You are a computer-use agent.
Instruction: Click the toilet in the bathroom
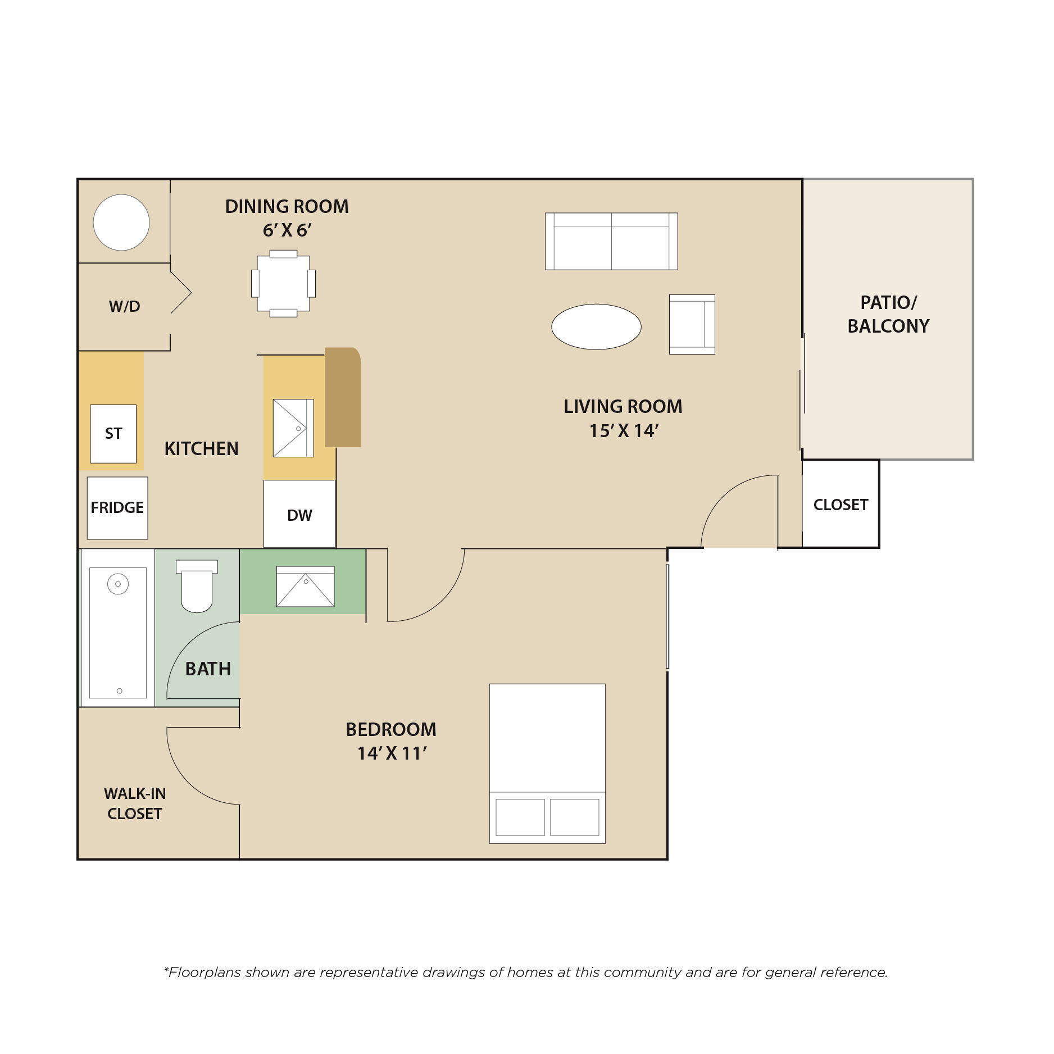tap(197, 585)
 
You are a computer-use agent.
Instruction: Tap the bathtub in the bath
tap(118, 628)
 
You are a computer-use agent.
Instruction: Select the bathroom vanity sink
tap(305, 587)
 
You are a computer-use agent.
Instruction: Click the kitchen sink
tap(293, 428)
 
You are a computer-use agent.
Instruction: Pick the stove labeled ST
tap(113, 434)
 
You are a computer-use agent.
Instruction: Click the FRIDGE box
tap(117, 508)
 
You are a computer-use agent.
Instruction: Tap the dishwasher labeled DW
tap(299, 514)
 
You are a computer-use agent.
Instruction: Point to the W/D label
tap(124, 306)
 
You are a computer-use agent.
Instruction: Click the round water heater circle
tap(121, 222)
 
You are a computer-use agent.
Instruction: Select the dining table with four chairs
tap(283, 283)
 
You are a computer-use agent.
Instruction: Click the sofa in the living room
tap(611, 241)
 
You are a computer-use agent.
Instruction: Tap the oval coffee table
tap(596, 326)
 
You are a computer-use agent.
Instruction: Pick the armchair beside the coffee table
tap(692, 324)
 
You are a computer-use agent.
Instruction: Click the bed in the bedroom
tap(547, 764)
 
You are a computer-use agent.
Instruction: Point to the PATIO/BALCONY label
tap(888, 314)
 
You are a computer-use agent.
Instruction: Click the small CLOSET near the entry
tap(841, 504)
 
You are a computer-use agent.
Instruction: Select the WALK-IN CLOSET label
tap(135, 803)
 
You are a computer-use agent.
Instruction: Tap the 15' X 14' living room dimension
tap(624, 431)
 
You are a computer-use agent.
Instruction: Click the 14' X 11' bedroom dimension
tap(392, 753)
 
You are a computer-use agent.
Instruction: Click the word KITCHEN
tap(201, 448)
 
